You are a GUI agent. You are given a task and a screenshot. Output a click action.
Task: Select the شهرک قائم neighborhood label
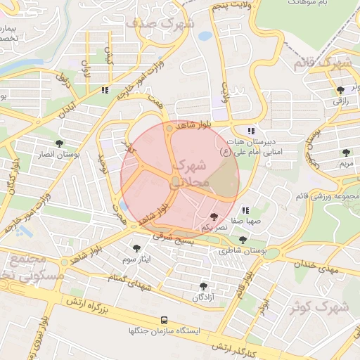(x=324, y=64)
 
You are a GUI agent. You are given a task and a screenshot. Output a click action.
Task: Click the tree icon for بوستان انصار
(x=58, y=142)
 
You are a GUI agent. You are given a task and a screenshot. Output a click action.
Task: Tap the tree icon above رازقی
(x=341, y=89)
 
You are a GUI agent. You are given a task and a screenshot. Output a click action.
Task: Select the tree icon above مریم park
(x=345, y=152)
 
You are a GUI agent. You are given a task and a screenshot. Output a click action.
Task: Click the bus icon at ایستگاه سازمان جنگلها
(x=164, y=319)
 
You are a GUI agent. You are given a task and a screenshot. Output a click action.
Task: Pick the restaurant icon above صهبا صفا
(x=245, y=210)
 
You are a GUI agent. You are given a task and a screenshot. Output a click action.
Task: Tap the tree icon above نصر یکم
(x=214, y=217)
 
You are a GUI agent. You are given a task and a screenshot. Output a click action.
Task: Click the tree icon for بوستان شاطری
(x=243, y=240)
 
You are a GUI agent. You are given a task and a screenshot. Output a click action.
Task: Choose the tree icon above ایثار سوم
(x=136, y=247)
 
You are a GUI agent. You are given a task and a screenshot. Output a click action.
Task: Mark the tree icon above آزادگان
(x=203, y=286)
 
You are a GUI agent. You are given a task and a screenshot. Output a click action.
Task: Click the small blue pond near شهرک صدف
(x=205, y=35)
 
